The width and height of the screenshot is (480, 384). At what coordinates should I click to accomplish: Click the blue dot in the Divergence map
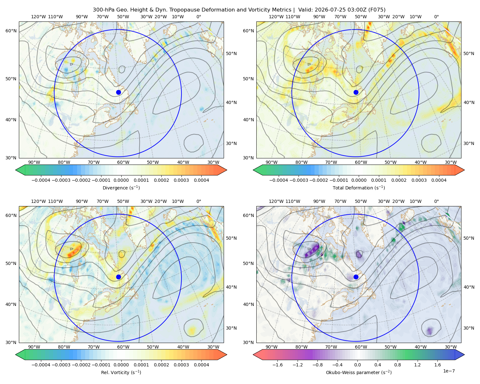click(118, 92)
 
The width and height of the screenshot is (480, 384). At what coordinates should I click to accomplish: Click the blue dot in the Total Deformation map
click(356, 92)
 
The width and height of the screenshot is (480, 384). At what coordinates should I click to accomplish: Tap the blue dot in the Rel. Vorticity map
click(118, 277)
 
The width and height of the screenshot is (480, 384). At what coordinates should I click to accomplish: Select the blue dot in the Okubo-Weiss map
click(356, 277)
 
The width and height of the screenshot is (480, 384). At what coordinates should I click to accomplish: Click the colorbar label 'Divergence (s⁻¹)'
click(121, 188)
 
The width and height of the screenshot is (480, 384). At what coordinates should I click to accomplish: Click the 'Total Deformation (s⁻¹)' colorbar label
click(359, 188)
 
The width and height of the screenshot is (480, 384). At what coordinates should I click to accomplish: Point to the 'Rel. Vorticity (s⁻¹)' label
click(121, 372)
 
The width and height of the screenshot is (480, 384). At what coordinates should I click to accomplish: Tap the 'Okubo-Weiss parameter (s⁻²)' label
click(359, 372)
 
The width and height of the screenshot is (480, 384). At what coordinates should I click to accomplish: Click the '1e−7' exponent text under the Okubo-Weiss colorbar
click(449, 371)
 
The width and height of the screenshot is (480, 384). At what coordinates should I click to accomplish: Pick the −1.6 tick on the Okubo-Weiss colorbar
click(277, 365)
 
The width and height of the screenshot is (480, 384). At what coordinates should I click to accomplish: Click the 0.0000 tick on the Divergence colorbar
click(121, 180)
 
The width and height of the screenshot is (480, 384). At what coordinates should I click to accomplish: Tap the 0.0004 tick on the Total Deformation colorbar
click(439, 180)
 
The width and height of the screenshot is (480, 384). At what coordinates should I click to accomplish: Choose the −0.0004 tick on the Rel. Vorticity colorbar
click(41, 365)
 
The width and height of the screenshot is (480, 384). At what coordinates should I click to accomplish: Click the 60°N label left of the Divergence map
click(11, 31)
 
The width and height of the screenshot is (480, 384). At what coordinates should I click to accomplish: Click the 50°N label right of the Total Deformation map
click(469, 53)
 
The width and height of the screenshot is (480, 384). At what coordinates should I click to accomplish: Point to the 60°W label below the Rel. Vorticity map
click(123, 347)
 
